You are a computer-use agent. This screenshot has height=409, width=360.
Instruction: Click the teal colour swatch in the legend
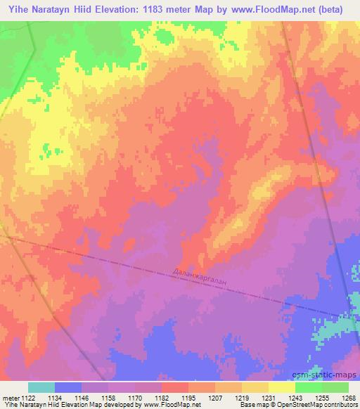pos(41,387)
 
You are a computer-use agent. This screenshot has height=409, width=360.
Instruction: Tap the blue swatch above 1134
pos(68,387)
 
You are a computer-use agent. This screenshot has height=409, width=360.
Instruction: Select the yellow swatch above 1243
pos(282,387)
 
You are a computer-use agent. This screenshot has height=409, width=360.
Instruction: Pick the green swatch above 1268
pos(335,387)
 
